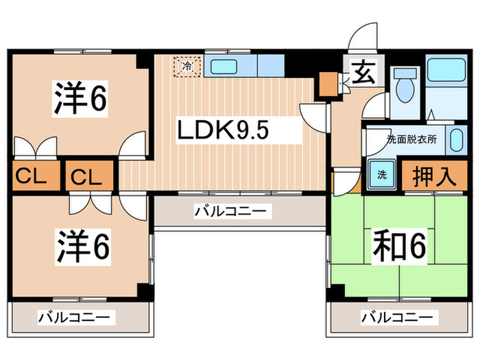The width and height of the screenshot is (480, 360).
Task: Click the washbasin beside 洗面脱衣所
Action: tap(457, 141)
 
